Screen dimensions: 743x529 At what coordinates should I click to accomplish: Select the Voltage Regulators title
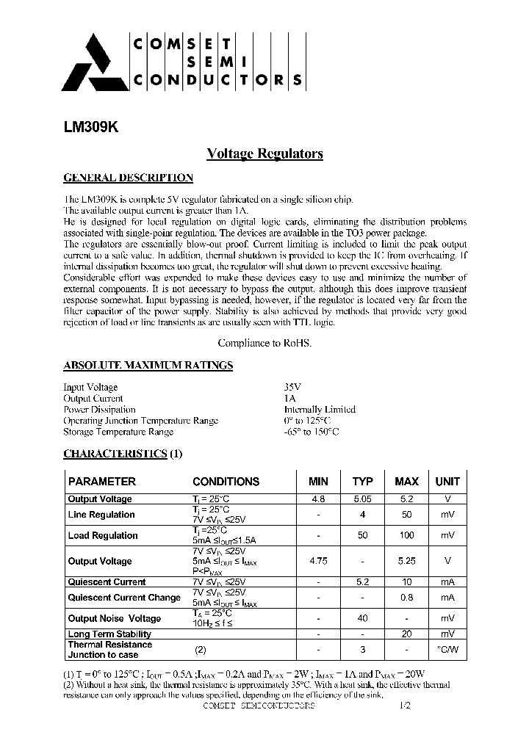pos(264,153)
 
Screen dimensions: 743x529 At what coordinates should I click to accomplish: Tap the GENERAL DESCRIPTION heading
pos(129,178)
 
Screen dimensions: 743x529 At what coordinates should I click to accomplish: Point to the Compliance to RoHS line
pos(264,343)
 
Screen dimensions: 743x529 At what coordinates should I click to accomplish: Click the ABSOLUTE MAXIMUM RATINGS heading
pos(148,365)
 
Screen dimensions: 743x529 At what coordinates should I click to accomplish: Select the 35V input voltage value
pos(292,387)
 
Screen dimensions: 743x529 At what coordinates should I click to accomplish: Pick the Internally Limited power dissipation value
pos(319,409)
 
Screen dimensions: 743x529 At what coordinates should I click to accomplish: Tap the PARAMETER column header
pos(101,482)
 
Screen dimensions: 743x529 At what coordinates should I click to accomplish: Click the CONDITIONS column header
pos(226,482)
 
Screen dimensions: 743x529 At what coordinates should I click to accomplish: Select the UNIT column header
pos(447,482)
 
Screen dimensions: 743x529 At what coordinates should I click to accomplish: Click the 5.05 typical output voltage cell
pos(362,499)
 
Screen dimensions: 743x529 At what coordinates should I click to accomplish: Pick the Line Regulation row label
pos(101,515)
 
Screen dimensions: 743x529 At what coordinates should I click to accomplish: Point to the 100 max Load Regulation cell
pos(406,535)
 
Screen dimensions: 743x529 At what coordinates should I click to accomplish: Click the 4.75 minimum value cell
pos(318,561)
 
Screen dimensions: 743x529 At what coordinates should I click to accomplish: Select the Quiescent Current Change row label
pos(123,598)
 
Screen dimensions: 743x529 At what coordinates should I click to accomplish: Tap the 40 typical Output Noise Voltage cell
pos(362,618)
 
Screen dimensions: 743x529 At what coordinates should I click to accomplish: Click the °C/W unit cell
pos(447,649)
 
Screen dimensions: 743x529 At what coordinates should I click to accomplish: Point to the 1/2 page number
pos(406,705)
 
